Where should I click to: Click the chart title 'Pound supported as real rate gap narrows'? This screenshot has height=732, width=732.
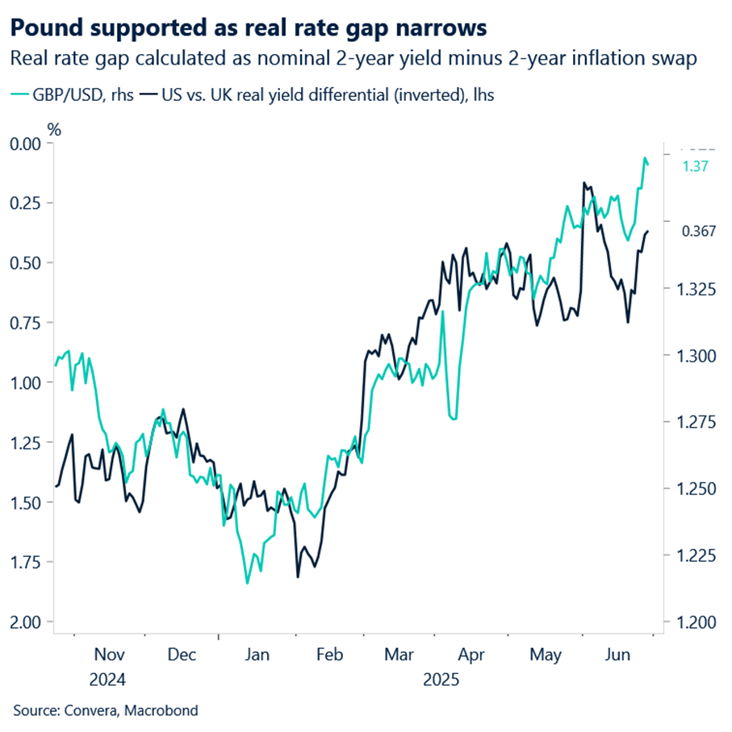click(249, 28)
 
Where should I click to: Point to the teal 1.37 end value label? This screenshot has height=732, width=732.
click(695, 166)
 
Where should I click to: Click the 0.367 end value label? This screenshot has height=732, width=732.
click(699, 232)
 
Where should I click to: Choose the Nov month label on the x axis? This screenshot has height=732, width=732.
click(111, 655)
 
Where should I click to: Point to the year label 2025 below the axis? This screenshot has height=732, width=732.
click(441, 680)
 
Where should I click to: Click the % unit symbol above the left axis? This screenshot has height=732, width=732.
click(55, 128)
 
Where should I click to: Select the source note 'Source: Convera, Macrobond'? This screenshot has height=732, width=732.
click(105, 710)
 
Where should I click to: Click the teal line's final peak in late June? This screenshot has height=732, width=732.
click(645, 158)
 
